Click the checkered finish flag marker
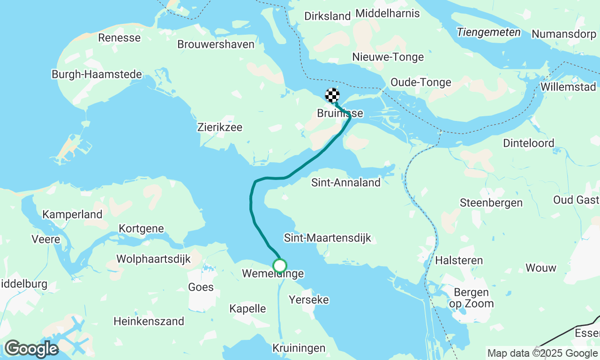pos(332,95)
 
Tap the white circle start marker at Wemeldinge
pos(280,266)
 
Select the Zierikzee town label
pos(220,127)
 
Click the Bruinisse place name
pos(340,113)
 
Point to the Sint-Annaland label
pos(346,183)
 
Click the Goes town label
pos(201,287)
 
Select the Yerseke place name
pos(309,300)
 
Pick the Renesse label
pos(119,38)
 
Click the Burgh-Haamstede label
pos(97,74)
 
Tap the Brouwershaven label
pos(216,44)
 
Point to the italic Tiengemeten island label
pos(489,32)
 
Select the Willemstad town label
pos(568,87)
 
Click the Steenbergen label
pos(491,203)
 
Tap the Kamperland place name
pos(72,215)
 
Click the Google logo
pos(31,349)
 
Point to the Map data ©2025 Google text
pos(542,353)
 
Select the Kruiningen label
pos(299,348)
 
